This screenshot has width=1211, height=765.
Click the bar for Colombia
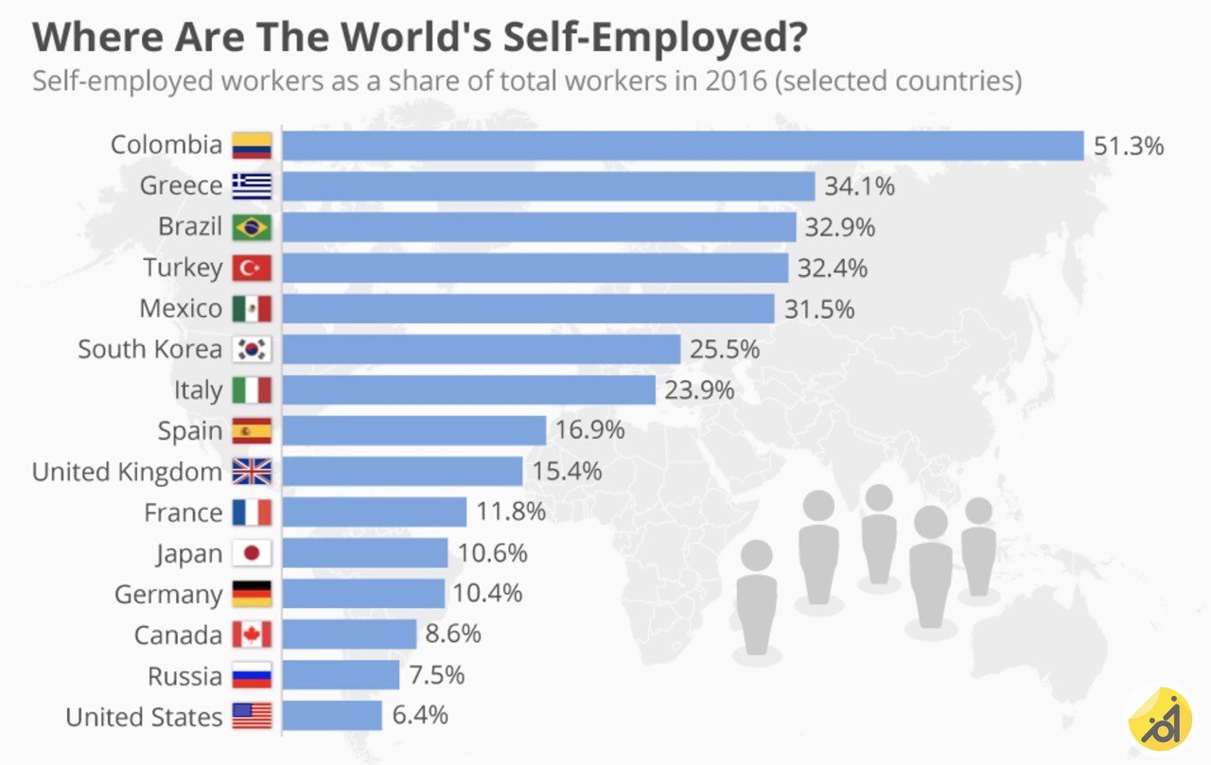pos(682,146)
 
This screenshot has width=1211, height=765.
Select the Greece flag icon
pos(252,186)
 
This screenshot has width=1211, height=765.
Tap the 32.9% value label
pos(840,228)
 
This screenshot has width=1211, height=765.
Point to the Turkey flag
pos(252,269)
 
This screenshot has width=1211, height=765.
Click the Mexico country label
pos(181,309)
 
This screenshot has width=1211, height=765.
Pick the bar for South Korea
pos(481,350)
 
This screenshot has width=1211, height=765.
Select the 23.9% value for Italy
pos(699,391)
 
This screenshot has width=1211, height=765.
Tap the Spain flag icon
pos(252,431)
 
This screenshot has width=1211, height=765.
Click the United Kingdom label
pos(127,472)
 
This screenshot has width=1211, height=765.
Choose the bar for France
pos(374,513)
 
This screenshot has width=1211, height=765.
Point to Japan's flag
pos(252,553)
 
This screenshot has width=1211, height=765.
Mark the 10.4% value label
pos(488,594)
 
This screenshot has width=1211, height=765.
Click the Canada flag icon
pos(252,635)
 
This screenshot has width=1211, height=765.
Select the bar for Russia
pos(341,675)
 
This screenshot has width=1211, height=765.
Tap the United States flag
pos(252,716)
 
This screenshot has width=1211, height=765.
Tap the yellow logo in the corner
pos(1159,719)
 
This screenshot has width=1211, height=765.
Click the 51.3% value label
pos(1129,147)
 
